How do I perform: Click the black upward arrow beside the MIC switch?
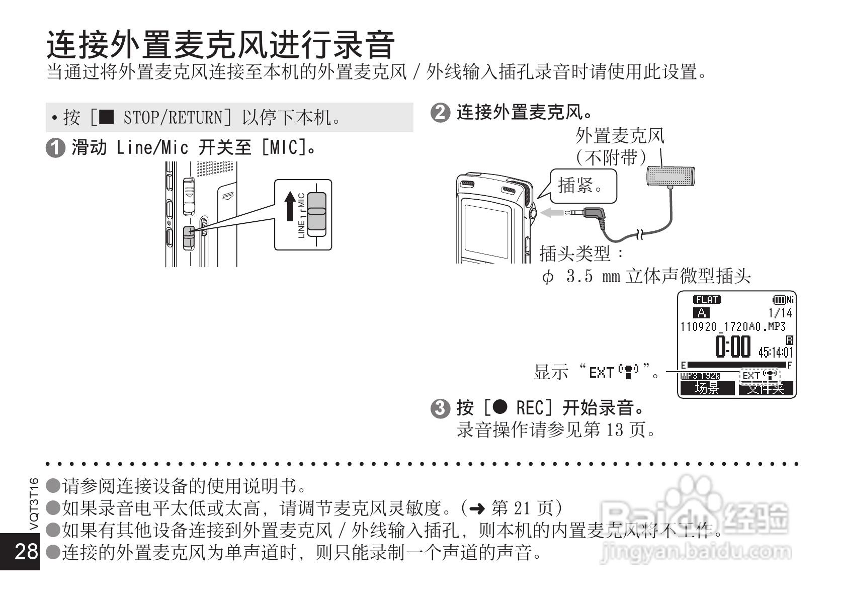290,206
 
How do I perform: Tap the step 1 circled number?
55,149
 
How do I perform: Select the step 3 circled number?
440,408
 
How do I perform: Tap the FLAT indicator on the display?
707,300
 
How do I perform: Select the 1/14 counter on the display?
780,313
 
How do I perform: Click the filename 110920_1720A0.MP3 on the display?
733,326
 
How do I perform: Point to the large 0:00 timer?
732,347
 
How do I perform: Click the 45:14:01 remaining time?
775,352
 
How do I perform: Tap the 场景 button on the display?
707,388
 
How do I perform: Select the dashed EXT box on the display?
759,375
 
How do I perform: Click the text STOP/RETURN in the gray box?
172,118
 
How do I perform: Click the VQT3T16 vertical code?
34,503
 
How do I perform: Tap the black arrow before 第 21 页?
476,509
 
